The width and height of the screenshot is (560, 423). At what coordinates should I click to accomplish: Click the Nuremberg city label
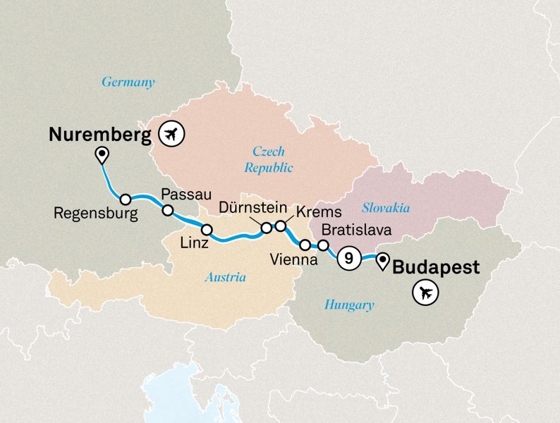pos(100,134)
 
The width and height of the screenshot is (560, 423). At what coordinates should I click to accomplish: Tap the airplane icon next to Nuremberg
pos(171,133)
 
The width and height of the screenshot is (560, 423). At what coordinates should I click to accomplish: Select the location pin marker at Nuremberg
pos(103,154)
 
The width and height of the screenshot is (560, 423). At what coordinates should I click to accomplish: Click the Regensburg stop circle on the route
pos(126,200)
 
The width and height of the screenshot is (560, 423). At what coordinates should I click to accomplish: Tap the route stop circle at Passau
pos(168,210)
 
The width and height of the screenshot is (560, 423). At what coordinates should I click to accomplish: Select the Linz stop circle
pos(207,229)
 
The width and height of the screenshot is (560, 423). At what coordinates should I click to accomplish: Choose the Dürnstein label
pos(252,208)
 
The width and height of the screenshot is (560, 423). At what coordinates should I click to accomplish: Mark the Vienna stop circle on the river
pos(305,245)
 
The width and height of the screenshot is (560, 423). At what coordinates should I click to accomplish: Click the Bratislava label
pos(355,230)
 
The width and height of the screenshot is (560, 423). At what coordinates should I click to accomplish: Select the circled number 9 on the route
pos(347,259)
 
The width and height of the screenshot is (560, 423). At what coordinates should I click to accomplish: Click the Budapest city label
pos(435,267)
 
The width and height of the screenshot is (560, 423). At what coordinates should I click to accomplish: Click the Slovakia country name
pos(385,208)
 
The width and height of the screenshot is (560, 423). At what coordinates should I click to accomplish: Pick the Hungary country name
pos(348,305)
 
